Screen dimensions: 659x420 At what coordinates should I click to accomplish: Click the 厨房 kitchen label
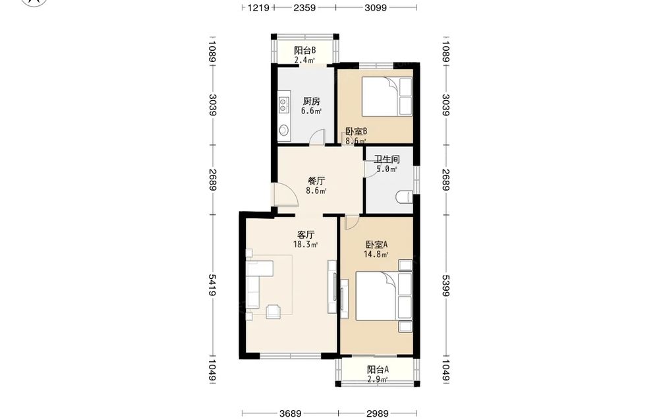click(x=312, y=102)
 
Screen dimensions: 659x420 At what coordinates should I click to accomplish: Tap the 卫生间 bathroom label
click(x=387, y=160)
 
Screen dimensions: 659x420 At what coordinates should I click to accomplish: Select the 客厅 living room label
click(x=306, y=235)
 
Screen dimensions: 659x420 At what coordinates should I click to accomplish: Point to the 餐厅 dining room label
click(x=316, y=181)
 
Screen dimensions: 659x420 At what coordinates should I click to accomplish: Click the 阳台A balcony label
click(x=378, y=369)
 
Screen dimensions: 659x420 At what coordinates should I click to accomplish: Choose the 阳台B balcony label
click(x=304, y=51)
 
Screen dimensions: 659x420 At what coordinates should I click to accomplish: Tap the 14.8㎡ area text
click(x=376, y=254)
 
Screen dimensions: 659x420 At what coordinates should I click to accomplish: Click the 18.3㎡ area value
click(x=306, y=244)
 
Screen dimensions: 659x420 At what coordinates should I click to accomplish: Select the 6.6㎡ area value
click(x=312, y=111)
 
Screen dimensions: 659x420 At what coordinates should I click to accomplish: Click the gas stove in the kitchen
click(x=283, y=105)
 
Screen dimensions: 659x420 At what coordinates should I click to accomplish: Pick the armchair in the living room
click(x=274, y=311)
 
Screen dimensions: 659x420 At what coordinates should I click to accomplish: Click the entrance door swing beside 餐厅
click(x=286, y=195)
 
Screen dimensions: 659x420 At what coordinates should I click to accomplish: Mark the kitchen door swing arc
click(x=318, y=136)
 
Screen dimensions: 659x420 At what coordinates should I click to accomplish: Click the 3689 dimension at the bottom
click(x=291, y=413)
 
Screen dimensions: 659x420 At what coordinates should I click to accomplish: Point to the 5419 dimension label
click(x=213, y=285)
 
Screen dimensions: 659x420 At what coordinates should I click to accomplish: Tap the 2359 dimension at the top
click(x=304, y=7)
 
